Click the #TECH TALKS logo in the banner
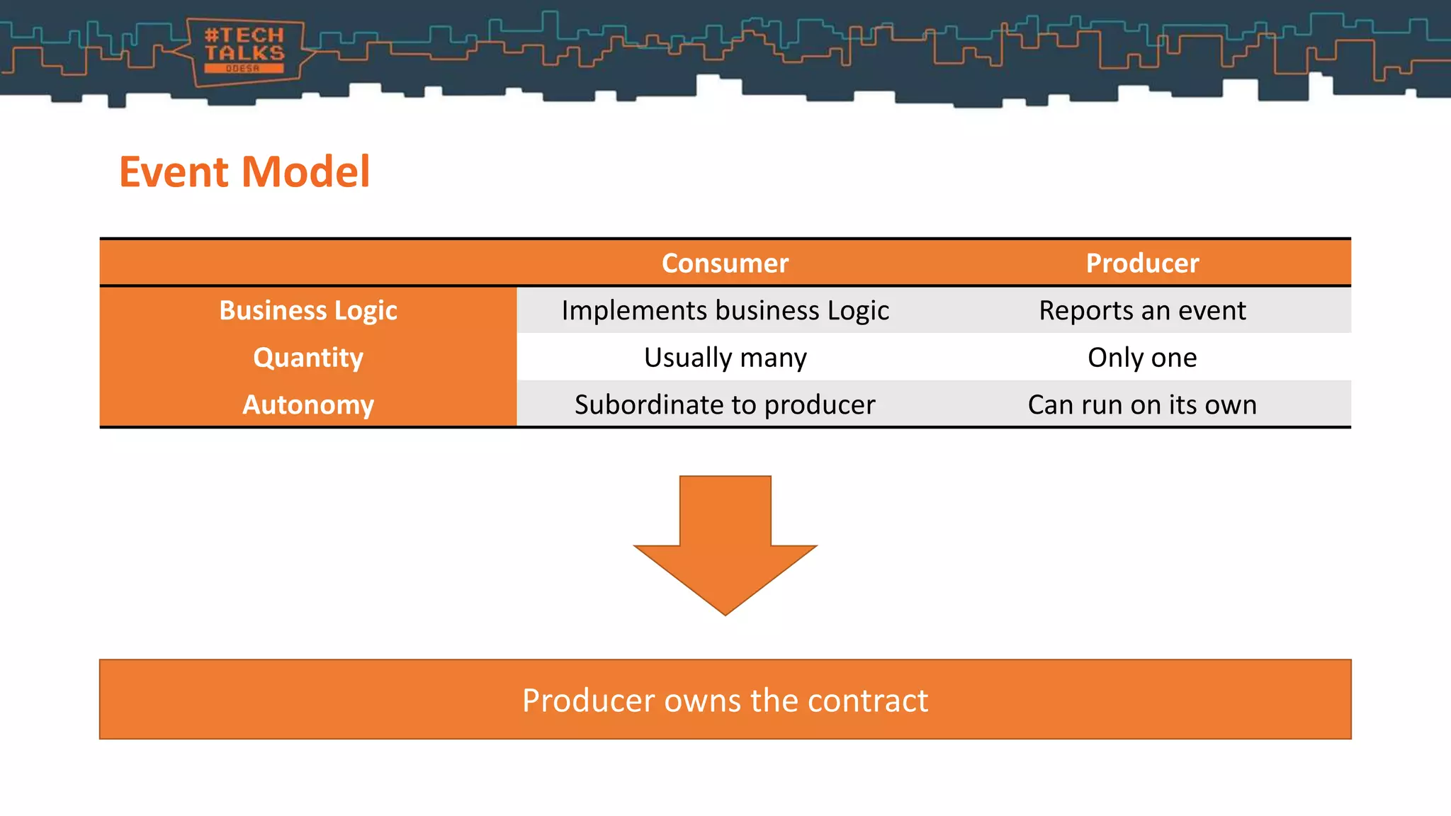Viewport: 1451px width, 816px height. tap(244, 50)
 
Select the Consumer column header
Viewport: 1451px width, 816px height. tap(725, 263)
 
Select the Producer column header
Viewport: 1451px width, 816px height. tap(1142, 263)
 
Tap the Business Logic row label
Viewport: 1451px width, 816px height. tap(308, 310)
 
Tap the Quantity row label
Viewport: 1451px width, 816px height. tap(308, 358)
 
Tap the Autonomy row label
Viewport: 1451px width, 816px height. tap(308, 404)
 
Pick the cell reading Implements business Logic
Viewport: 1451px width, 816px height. tap(725, 310)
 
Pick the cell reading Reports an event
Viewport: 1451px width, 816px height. tap(1142, 310)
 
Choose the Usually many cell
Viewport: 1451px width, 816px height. tap(725, 358)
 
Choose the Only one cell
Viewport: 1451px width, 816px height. tap(1142, 358)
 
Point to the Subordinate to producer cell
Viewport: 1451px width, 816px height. tap(725, 404)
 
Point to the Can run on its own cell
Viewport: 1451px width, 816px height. tap(1142, 404)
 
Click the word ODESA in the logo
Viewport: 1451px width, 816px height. tap(243, 69)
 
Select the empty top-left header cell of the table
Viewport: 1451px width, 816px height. tap(308, 263)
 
